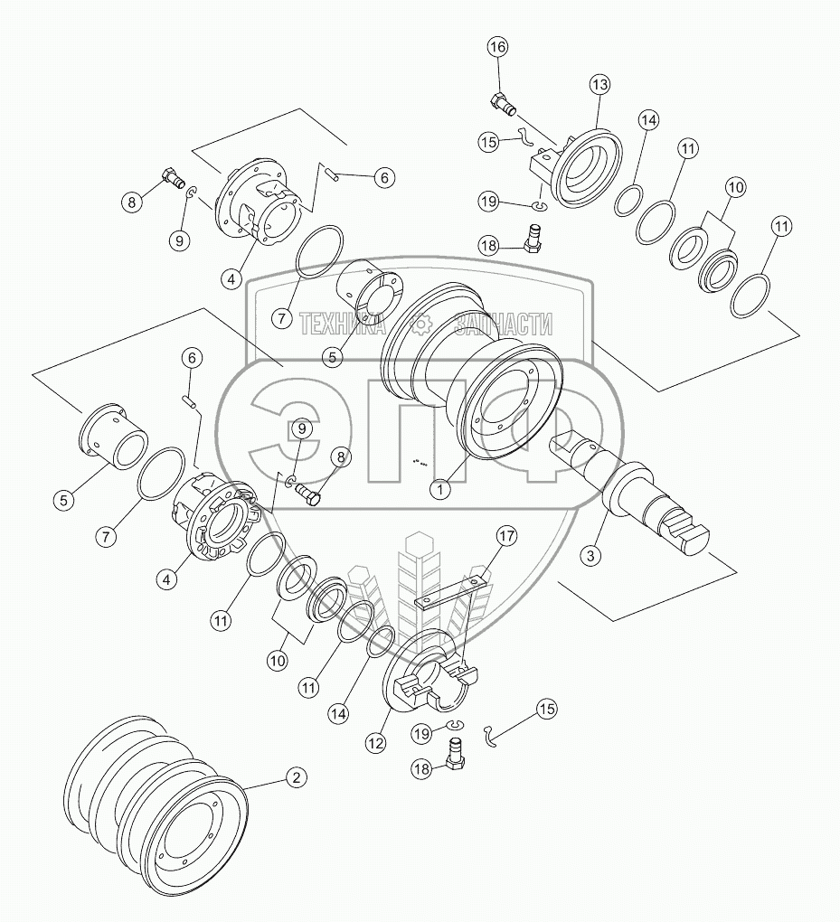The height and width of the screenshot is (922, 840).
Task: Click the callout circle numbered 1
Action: (x=440, y=489)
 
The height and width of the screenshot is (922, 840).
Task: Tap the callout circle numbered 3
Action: (x=590, y=555)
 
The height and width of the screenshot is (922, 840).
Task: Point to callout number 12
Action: (x=375, y=742)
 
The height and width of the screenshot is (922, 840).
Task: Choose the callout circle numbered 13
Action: (x=601, y=84)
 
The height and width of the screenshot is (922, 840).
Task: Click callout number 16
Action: (x=498, y=48)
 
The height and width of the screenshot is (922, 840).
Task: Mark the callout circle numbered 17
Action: (x=505, y=537)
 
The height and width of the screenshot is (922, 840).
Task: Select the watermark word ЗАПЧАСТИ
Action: (x=505, y=324)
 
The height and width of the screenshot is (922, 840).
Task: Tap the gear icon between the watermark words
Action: (x=421, y=324)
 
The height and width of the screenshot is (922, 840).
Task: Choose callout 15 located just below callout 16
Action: (x=489, y=142)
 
